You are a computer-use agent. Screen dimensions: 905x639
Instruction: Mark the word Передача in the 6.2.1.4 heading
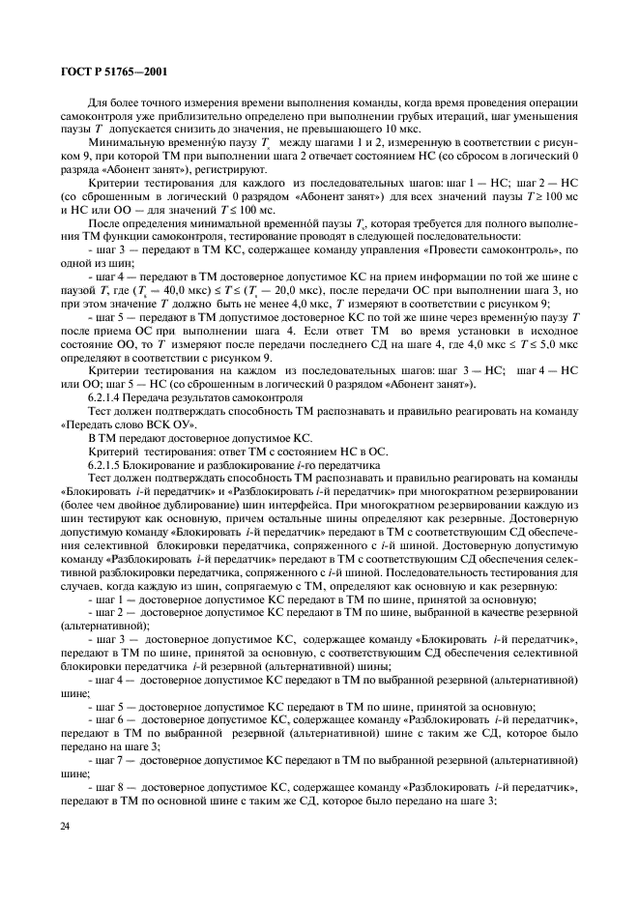pos(162,397)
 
